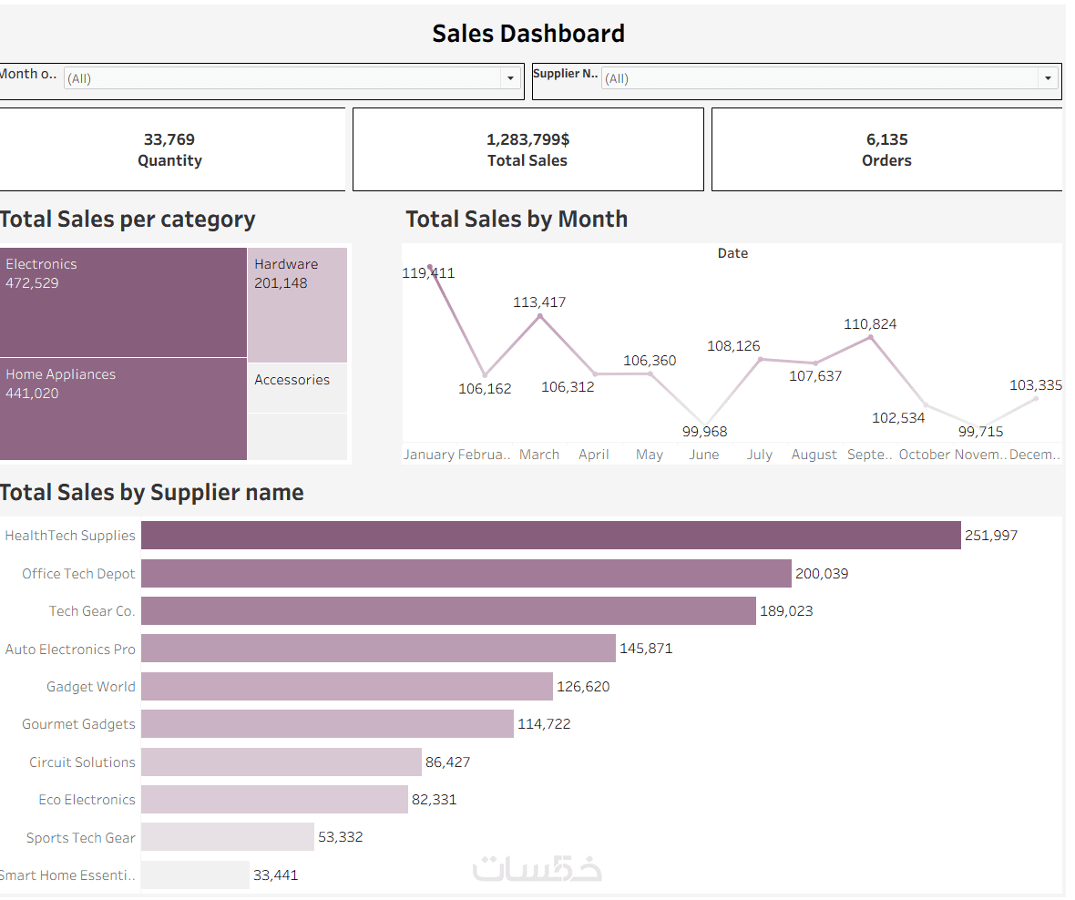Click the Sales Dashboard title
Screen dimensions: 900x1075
point(528,34)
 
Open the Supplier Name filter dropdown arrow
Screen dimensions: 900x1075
point(1048,78)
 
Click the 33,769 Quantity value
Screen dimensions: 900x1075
point(169,139)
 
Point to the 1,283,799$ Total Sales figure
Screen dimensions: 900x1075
point(527,139)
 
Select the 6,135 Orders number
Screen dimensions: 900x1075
point(886,139)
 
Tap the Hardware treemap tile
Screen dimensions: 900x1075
point(297,305)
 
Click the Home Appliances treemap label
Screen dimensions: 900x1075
point(61,374)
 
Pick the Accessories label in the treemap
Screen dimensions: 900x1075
point(292,380)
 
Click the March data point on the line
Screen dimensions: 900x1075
point(540,316)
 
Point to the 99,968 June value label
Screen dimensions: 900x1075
point(705,431)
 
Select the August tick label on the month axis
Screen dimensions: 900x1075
point(814,455)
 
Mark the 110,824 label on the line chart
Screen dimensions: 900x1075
point(870,323)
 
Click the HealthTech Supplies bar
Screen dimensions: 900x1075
point(550,536)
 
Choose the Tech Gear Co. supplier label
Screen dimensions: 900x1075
point(92,611)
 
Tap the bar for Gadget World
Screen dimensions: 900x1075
point(346,687)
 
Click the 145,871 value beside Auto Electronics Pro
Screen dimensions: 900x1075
point(646,649)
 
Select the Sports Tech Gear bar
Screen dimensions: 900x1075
point(228,837)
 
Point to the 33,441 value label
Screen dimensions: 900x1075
point(275,875)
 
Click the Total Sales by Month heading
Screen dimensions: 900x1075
point(517,220)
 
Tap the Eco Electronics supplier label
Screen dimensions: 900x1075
point(87,800)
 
